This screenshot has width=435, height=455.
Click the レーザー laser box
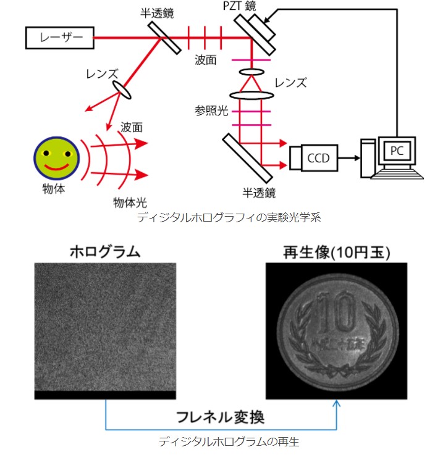pos(58,38)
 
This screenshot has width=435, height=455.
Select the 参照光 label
pos(208,111)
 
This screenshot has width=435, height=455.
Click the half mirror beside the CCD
pos(245,158)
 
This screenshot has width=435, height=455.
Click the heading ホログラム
pos(105,252)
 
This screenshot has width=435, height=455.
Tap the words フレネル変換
pos(221,417)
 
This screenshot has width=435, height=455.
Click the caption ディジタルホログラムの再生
pos(221,441)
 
